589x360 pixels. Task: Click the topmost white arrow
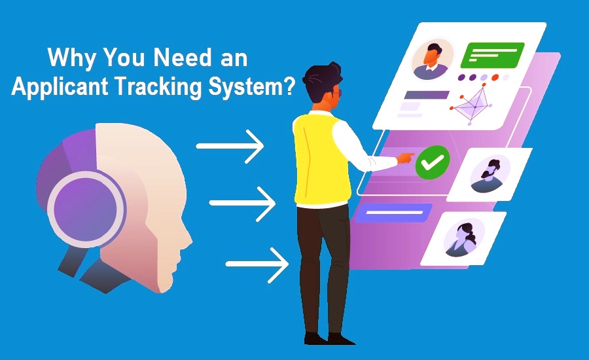(230, 146)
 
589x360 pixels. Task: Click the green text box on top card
(492, 55)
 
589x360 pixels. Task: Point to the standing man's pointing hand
(406, 157)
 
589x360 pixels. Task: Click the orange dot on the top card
(495, 77)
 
